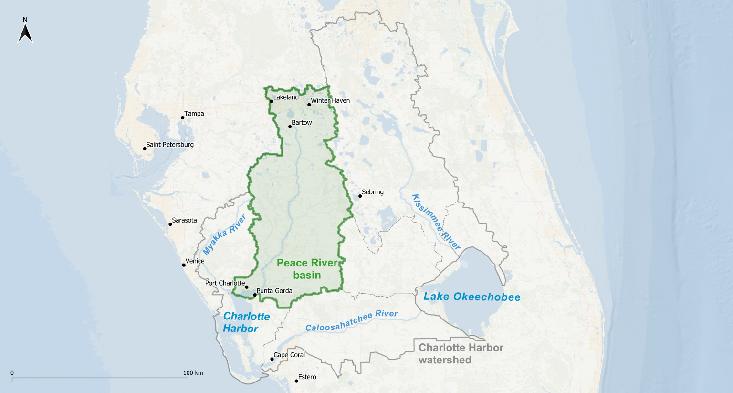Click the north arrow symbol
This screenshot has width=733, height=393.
[25, 33]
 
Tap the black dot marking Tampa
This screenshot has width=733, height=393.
[182, 117]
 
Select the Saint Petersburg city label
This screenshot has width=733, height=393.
[170, 145]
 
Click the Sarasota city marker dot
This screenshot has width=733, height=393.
[170, 224]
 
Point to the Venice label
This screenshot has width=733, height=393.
[195, 261]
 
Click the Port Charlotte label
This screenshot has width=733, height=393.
[225, 283]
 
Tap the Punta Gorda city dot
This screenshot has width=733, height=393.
[255, 295]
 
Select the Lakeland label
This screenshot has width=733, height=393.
[286, 97]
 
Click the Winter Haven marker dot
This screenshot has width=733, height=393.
[309, 105]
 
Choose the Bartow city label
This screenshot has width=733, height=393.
[302, 123]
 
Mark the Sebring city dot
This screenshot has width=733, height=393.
[360, 196]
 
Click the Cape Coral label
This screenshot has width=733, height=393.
[289, 355]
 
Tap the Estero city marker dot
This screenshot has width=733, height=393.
[296, 381]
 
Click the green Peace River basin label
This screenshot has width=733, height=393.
[307, 269]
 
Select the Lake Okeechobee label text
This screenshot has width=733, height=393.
[471, 297]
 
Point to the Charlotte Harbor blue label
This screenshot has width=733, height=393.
[246, 322]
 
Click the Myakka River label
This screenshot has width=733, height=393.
[224, 234]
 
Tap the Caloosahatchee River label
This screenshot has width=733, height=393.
[351, 320]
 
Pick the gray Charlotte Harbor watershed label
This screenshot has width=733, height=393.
[461, 353]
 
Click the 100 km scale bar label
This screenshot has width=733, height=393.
[193, 373]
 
